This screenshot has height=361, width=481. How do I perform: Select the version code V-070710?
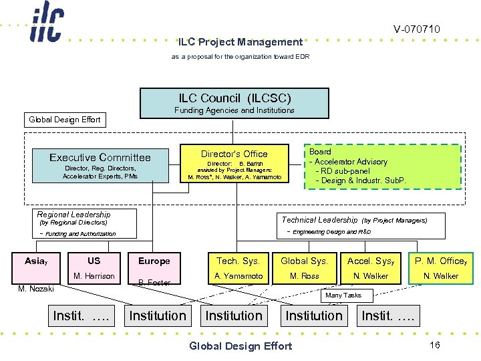(416, 29)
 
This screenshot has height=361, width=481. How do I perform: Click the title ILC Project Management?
(240, 41)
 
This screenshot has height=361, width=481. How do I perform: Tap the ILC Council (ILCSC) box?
(234, 103)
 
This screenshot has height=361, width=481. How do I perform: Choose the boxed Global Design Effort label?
(64, 120)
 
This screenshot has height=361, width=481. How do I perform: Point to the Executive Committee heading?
(100, 157)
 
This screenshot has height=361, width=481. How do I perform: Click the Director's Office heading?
(234, 154)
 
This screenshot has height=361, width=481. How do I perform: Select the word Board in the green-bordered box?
(320, 152)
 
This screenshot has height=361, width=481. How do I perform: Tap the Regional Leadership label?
(73, 215)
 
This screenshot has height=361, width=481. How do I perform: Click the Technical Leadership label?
(319, 219)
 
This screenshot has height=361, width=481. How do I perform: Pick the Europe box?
(154, 261)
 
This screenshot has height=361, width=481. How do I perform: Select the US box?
(94, 261)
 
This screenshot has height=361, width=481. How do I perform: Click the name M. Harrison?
(94, 276)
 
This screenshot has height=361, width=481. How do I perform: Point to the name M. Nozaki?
(35, 288)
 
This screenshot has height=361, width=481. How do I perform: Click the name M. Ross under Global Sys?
(304, 276)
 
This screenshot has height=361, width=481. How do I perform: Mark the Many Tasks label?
(343, 295)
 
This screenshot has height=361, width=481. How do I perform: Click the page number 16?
(434, 344)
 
